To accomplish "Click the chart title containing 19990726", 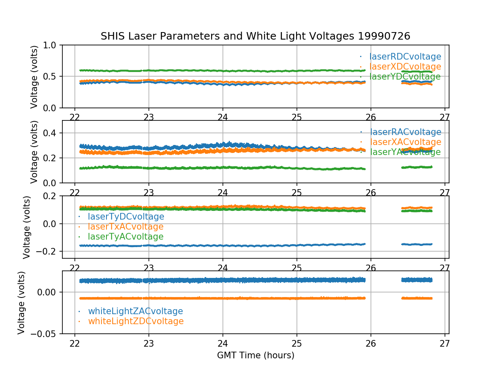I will [255, 36].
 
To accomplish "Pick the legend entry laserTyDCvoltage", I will [126, 217].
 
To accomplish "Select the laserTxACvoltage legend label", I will [125, 227].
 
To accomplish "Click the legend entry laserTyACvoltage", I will [125, 237].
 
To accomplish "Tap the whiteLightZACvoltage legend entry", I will [135, 311].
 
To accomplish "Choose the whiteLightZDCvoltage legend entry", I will [136, 321].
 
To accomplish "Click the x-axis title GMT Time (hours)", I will [255, 355].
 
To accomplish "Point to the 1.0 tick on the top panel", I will [52, 45].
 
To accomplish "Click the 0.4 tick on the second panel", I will [52, 133].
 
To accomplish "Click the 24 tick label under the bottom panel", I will [223, 343].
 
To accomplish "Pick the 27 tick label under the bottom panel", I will [445, 343].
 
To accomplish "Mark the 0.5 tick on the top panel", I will [52, 76].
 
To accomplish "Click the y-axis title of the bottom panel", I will [22, 302].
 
